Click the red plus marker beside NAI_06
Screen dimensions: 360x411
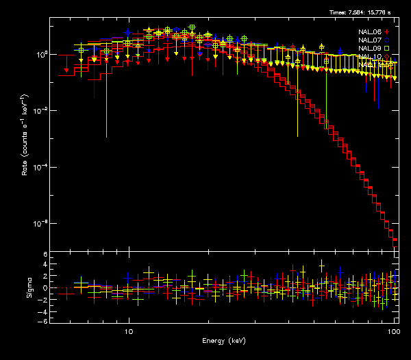click(x=387, y=31)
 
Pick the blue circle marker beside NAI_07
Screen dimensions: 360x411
click(x=387, y=40)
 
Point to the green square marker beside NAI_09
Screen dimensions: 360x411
click(x=387, y=48)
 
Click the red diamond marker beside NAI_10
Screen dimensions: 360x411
click(x=387, y=56)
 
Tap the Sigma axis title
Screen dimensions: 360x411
click(x=29, y=288)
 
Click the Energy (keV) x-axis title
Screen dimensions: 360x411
click(x=223, y=340)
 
